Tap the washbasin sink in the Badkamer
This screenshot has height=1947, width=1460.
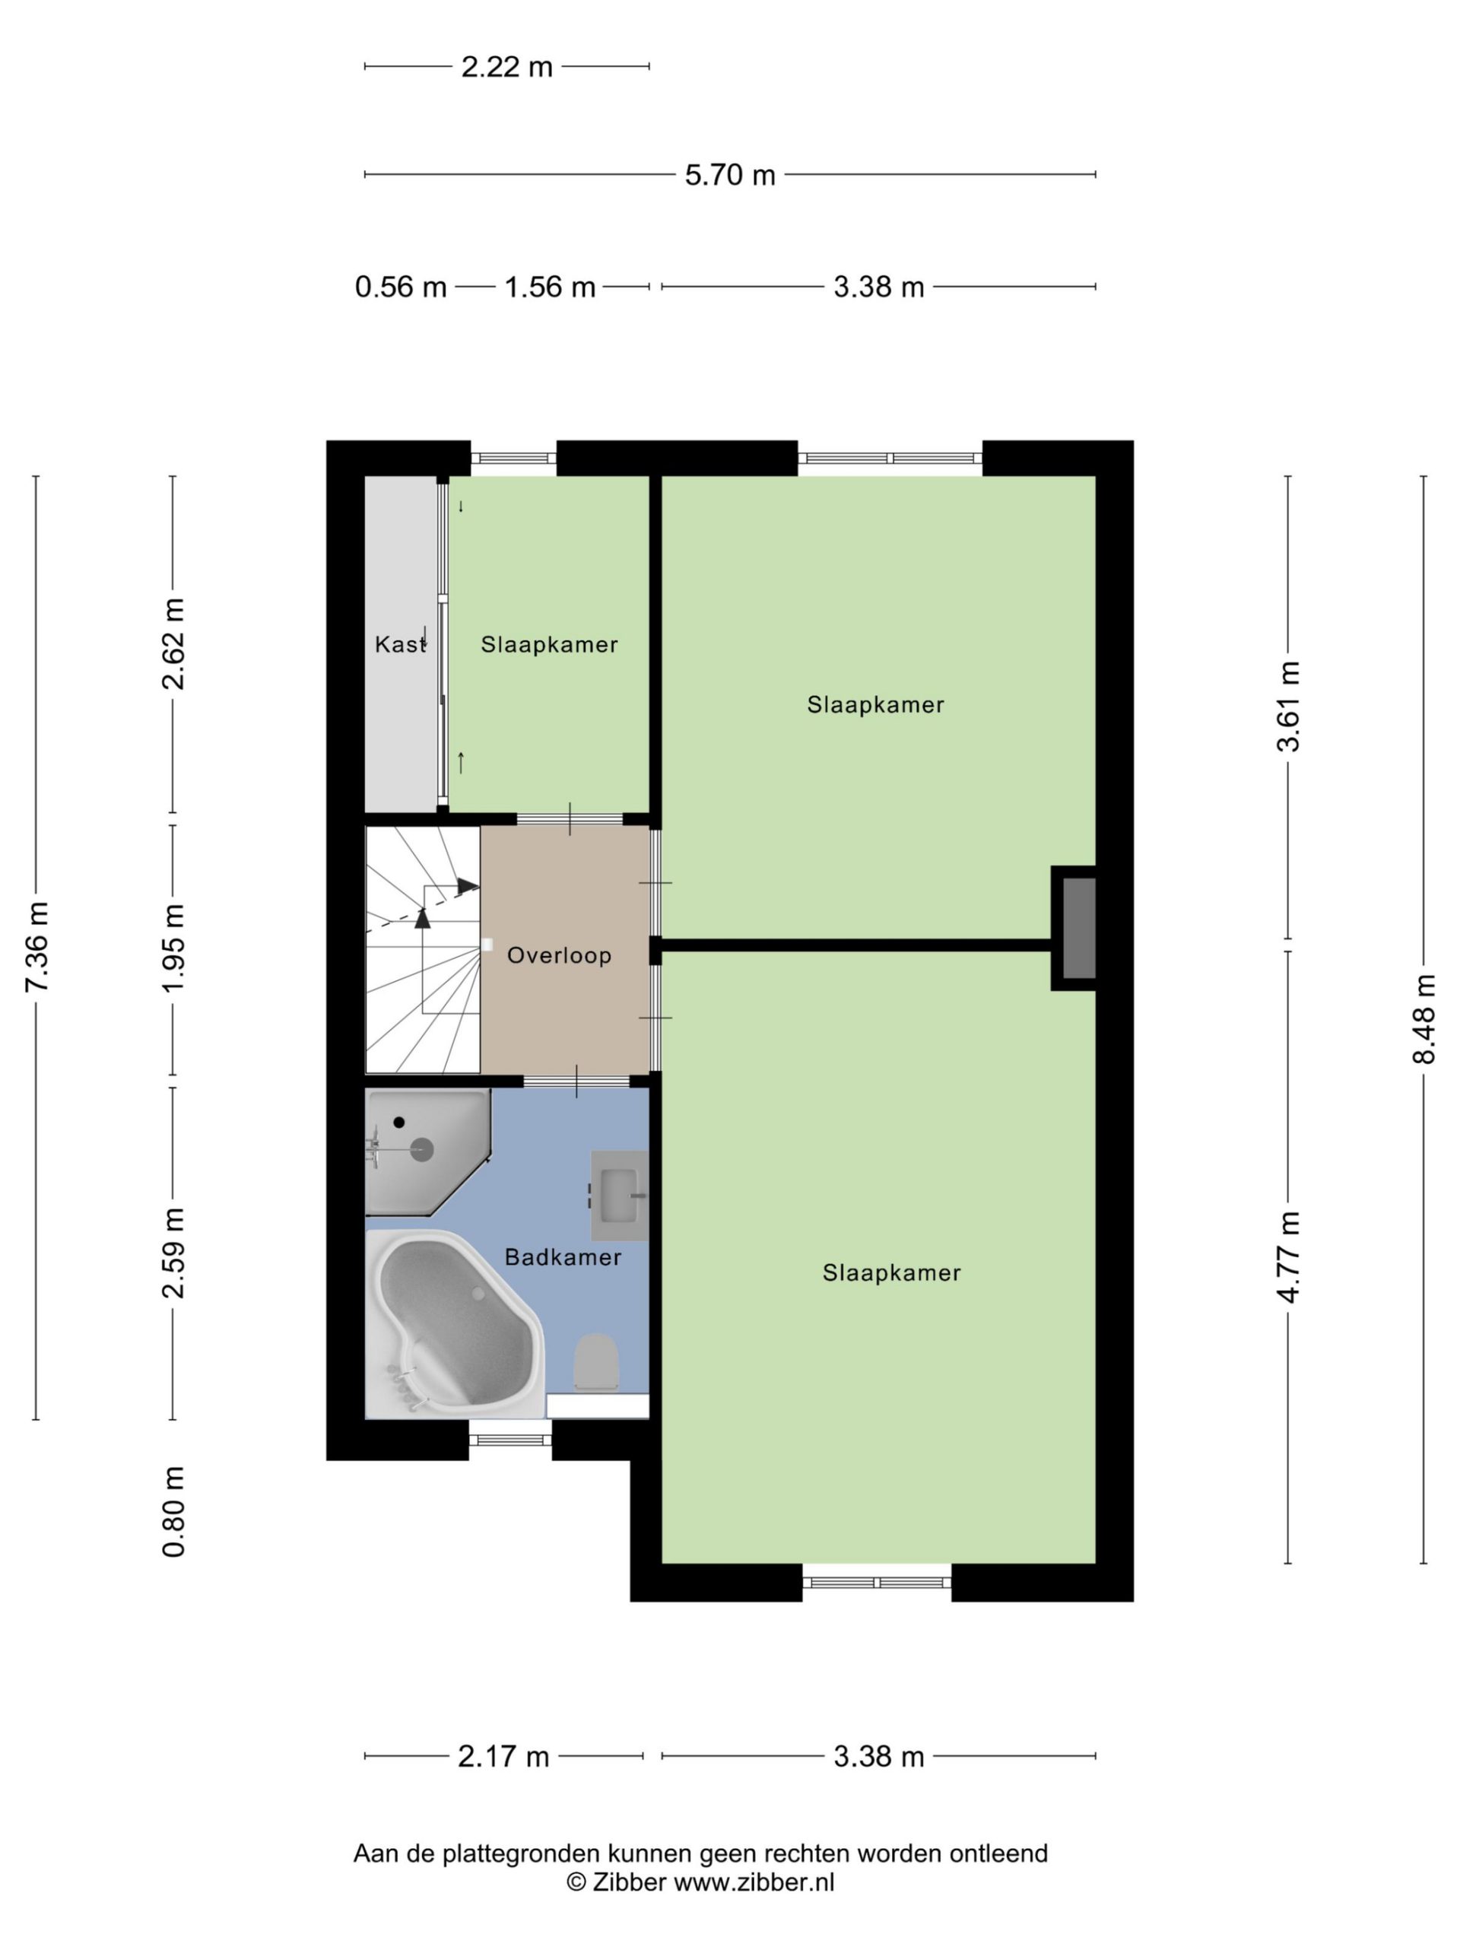[x=619, y=1196]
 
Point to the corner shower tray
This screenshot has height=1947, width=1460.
[x=426, y=1151]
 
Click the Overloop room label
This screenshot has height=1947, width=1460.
[x=559, y=955]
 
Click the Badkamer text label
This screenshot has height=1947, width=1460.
[x=563, y=1257]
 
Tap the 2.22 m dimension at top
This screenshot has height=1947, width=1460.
[x=507, y=66]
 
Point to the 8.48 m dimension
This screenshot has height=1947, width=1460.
[x=1423, y=1018]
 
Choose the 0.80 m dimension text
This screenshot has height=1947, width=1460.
[x=173, y=1511]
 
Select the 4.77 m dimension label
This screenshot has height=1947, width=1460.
[x=1288, y=1256]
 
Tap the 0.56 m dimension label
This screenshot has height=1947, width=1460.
[x=401, y=287]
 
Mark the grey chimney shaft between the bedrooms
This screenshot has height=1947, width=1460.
[x=1078, y=928]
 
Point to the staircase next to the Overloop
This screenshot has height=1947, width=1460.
[x=424, y=950]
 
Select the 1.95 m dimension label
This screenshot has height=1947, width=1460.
[x=173, y=948]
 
